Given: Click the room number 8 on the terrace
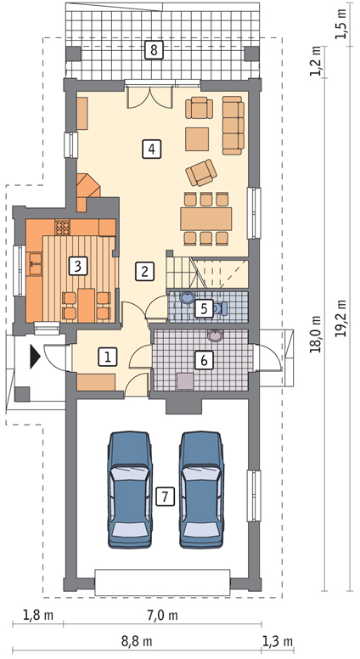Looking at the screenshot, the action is click(153, 50).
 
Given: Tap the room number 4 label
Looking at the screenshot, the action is click(152, 149).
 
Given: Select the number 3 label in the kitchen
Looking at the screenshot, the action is click(78, 266).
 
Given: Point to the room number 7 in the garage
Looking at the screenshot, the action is click(165, 497).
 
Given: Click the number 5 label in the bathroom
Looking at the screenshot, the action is click(204, 309).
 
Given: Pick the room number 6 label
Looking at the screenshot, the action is click(204, 360).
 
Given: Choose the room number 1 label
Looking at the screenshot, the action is click(108, 358).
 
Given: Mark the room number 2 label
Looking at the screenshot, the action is click(144, 271).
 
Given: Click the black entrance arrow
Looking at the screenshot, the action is click(35, 358).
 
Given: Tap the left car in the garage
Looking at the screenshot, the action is click(129, 490).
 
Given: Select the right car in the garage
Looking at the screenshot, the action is click(201, 490).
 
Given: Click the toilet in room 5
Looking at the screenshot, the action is click(221, 308).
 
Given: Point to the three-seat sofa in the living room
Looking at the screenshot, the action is click(233, 125).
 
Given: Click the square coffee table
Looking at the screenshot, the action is click(198, 139).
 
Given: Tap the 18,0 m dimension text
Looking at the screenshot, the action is click(317, 334).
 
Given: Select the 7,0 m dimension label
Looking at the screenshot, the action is click(162, 617).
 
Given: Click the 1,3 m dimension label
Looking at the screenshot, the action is click(278, 642).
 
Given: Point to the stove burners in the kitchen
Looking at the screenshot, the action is click(63, 228).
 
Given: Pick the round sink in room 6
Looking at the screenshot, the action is click(215, 335).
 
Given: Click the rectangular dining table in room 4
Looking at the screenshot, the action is click(206, 218).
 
